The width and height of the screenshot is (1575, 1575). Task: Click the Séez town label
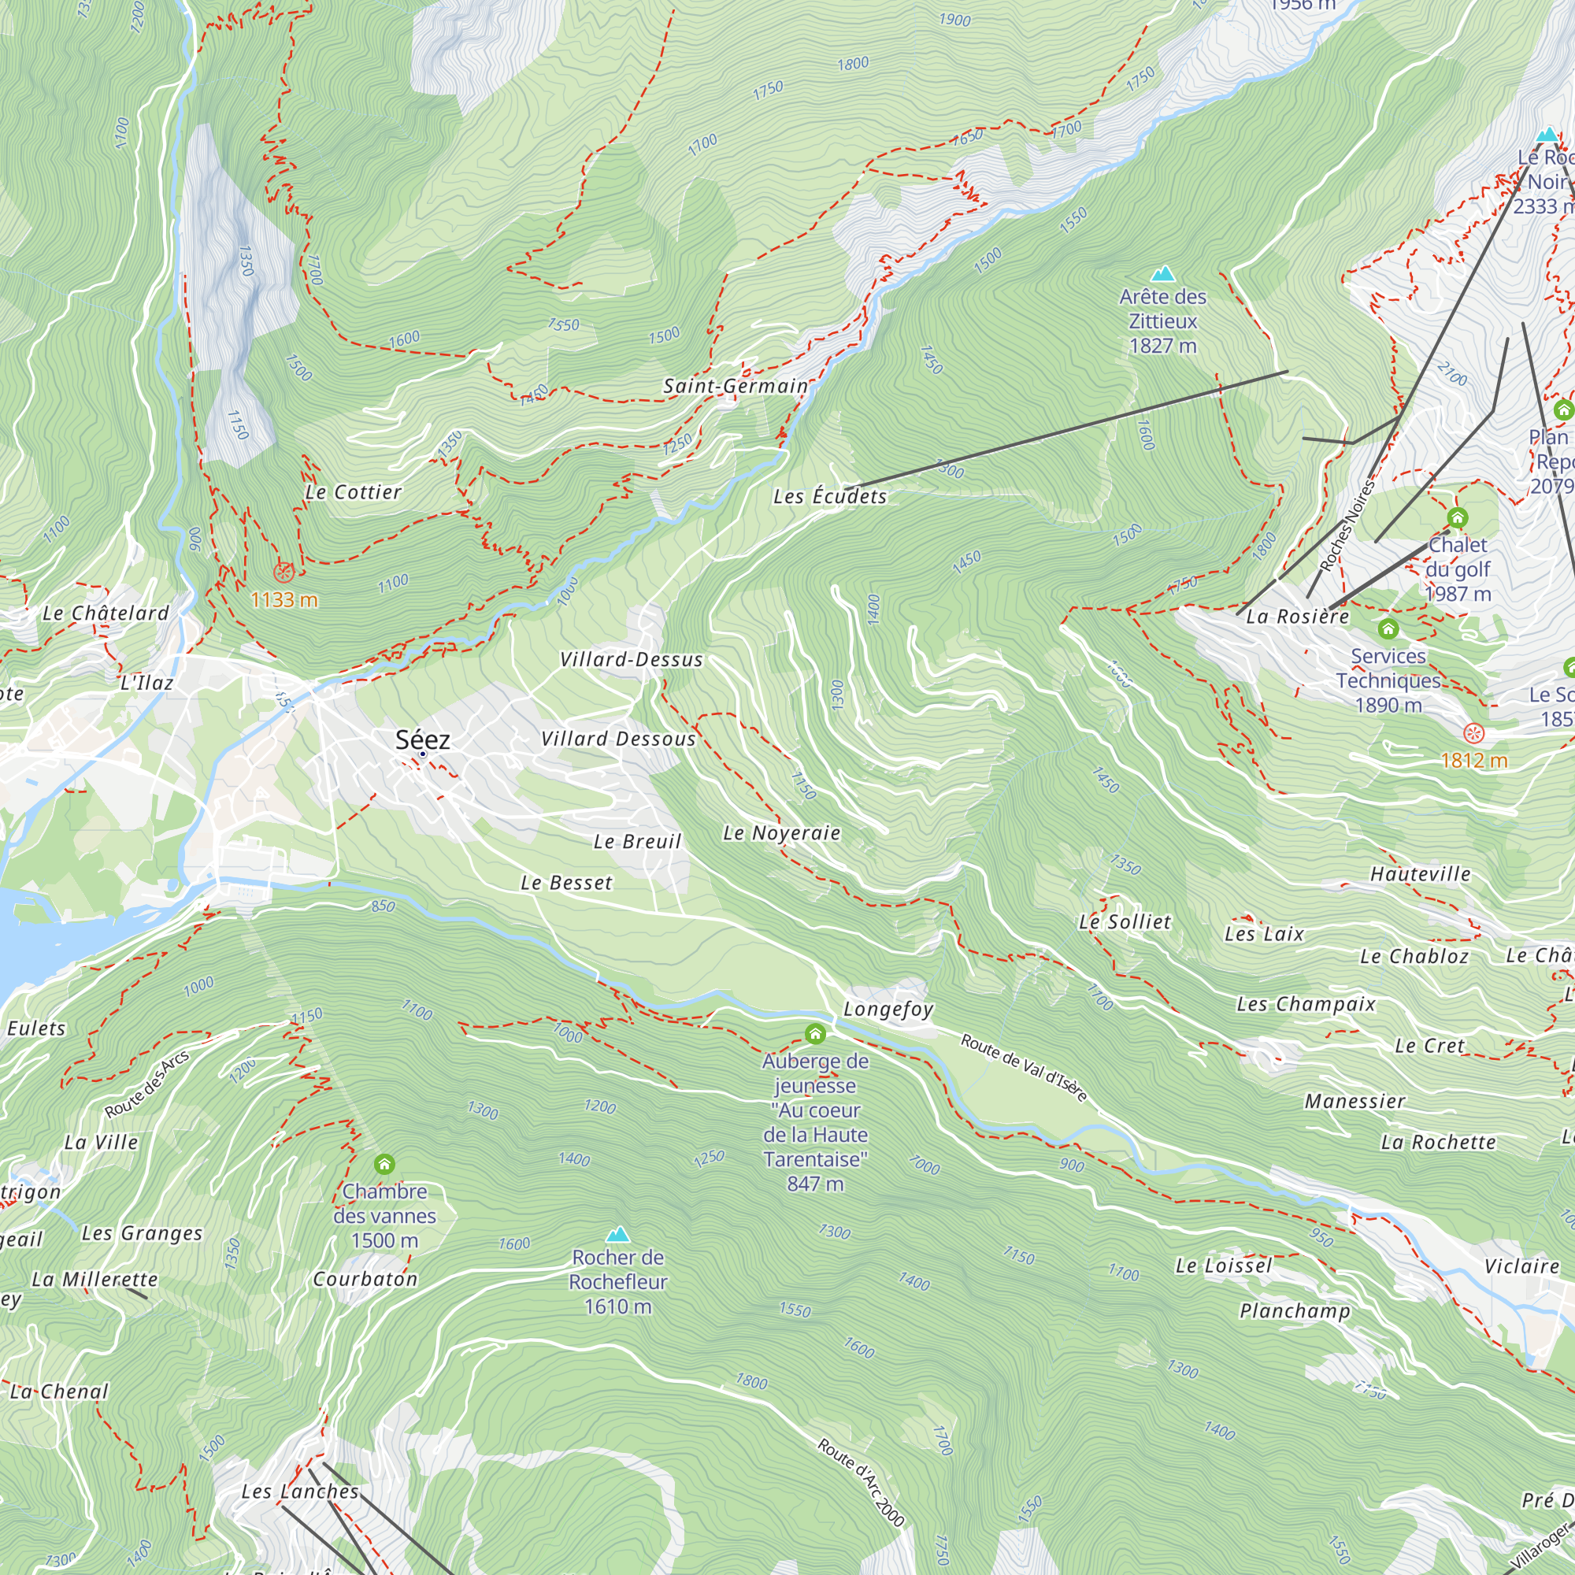pyautogui.click(x=422, y=739)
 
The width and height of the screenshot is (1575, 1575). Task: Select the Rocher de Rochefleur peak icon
pyautogui.click(x=618, y=1233)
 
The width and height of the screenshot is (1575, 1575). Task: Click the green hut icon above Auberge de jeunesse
pyautogui.click(x=815, y=1034)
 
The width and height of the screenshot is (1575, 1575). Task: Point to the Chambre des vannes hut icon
pyautogui.click(x=384, y=1163)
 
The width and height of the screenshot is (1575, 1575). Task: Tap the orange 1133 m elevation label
pyautogui.click(x=283, y=600)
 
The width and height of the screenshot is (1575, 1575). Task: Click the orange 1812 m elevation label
pyautogui.click(x=1474, y=761)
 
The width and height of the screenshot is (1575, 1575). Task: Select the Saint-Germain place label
pyautogui.click(x=736, y=386)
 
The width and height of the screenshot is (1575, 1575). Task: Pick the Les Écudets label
pyautogui.click(x=829, y=495)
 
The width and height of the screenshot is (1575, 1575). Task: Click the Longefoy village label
pyautogui.click(x=888, y=1009)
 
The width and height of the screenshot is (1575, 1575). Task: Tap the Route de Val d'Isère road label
pyautogui.click(x=1023, y=1067)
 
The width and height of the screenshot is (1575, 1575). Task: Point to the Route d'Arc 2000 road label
pyautogui.click(x=861, y=1482)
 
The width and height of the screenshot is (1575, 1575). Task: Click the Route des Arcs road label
pyautogui.click(x=146, y=1084)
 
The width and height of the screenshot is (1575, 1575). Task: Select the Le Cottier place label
pyautogui.click(x=353, y=491)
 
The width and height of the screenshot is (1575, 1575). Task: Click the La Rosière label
pyautogui.click(x=1297, y=617)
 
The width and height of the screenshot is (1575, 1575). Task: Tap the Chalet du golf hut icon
pyautogui.click(x=1458, y=517)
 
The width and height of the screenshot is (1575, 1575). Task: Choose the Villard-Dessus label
pyautogui.click(x=631, y=658)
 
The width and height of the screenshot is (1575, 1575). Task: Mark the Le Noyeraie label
pyautogui.click(x=781, y=832)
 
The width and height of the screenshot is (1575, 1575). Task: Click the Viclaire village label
pyautogui.click(x=1521, y=1266)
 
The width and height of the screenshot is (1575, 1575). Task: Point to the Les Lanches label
pyautogui.click(x=299, y=1491)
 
